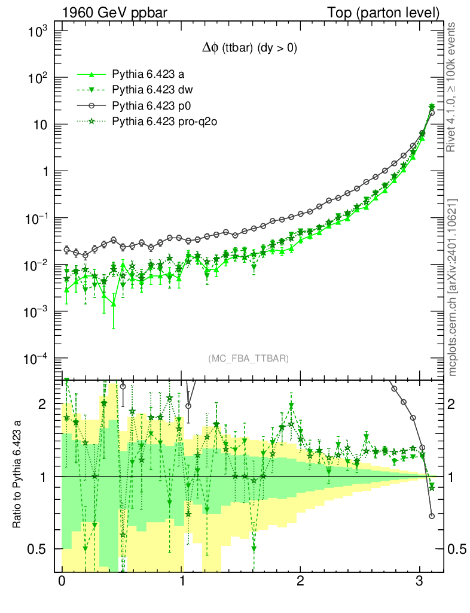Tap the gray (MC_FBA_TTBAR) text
[249, 359]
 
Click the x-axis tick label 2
[300, 581]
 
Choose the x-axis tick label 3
[420, 581]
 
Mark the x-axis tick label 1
[181, 581]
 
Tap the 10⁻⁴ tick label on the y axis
[38, 359]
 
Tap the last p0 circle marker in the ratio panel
[432, 516]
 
